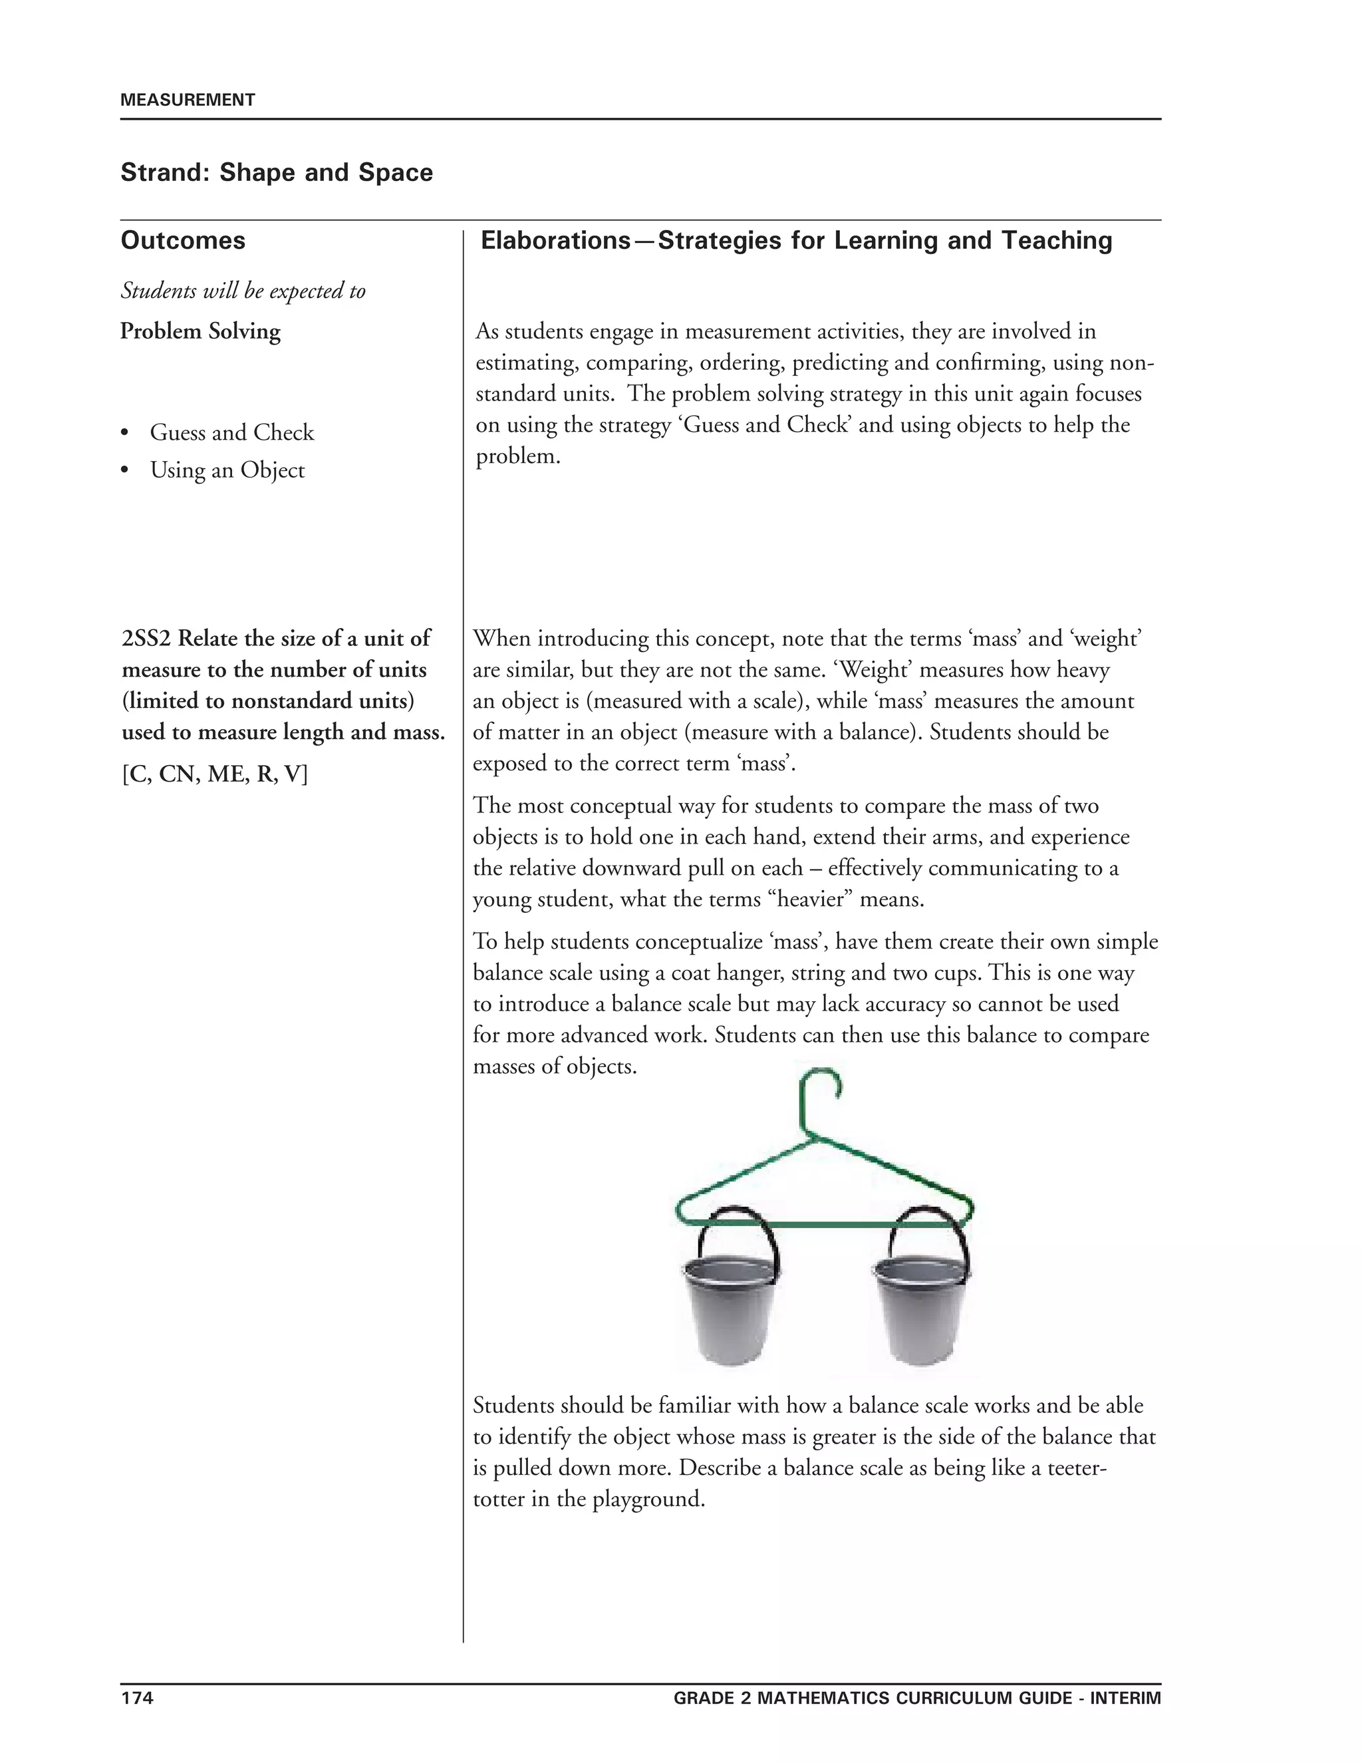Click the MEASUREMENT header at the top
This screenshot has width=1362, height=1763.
187,100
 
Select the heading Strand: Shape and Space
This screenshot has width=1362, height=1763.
277,173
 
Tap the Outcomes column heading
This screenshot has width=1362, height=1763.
183,241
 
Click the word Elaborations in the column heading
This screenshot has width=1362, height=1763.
555,241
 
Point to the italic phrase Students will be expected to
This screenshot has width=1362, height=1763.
243,291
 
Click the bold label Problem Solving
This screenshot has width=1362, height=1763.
200,332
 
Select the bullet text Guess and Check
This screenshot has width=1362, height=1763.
231,432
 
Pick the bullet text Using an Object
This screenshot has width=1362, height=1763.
227,470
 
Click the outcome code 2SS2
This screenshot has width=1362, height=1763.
146,639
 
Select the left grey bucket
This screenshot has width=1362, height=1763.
731,1309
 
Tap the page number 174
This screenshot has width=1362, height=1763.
136,1698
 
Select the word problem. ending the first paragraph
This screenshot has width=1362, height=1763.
517,457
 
